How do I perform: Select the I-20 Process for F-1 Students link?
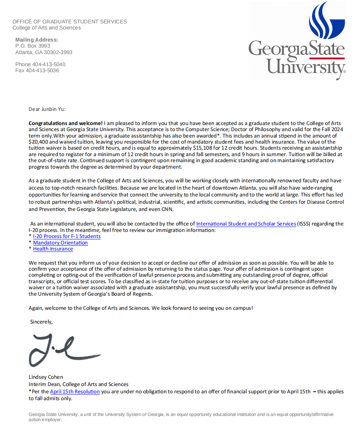tap(67, 236)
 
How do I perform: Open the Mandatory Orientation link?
tap(60, 243)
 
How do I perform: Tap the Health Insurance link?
tap(53, 249)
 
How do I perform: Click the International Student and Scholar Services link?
tap(246, 223)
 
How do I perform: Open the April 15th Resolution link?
tap(75, 391)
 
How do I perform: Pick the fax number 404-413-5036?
tap(42, 71)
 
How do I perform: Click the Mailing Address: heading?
tap(37, 40)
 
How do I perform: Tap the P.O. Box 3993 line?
tap(33, 46)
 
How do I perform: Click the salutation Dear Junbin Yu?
tap(47, 109)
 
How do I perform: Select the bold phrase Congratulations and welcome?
tap(66, 123)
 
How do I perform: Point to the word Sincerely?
tap(42, 322)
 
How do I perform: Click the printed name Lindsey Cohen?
tap(46, 377)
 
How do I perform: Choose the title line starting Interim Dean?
tap(79, 384)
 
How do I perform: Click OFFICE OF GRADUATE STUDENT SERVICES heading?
tap(70, 21)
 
